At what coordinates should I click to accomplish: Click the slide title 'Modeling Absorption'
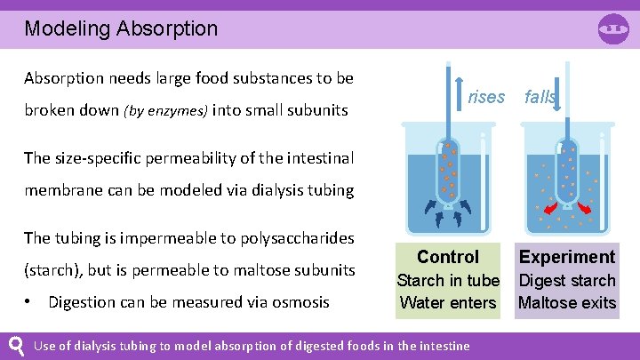pyautogui.click(x=121, y=28)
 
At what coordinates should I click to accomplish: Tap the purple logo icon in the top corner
pyautogui.click(x=613, y=28)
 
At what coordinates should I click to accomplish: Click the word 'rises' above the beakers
pyautogui.click(x=485, y=97)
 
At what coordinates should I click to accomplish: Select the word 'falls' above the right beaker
pyautogui.click(x=540, y=97)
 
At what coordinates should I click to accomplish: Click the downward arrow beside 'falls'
pyautogui.click(x=557, y=99)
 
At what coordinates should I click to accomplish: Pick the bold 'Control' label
pyautogui.click(x=448, y=257)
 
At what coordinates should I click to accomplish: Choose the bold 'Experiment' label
pyautogui.click(x=567, y=257)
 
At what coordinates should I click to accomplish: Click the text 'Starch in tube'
pyautogui.click(x=448, y=280)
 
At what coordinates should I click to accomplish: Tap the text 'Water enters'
pyautogui.click(x=448, y=302)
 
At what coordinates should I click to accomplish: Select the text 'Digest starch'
pyautogui.click(x=567, y=280)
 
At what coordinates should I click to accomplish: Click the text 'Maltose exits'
pyautogui.click(x=567, y=302)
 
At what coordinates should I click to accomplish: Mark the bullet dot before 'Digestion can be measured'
pyautogui.click(x=29, y=301)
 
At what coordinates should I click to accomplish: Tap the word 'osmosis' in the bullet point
pyautogui.click(x=299, y=302)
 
